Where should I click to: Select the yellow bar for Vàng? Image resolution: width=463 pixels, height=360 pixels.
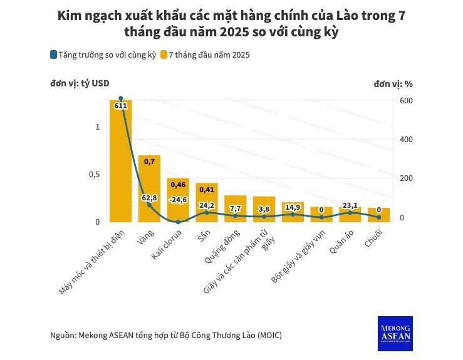[149, 188]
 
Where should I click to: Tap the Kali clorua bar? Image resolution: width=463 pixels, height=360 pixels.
[178, 200]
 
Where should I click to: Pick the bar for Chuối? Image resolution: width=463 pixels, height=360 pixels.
[378, 215]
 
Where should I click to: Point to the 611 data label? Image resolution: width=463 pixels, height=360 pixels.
[121, 106]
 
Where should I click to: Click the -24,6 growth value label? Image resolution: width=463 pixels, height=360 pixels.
[178, 200]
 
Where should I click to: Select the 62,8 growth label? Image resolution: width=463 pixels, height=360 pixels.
[149, 198]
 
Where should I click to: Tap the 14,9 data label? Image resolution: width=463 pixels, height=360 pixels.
[293, 207]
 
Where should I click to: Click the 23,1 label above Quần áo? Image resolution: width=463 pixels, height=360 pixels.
[350, 205]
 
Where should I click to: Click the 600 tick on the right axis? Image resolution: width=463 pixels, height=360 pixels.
[405, 100]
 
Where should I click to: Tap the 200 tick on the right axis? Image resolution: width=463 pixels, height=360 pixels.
[405, 178]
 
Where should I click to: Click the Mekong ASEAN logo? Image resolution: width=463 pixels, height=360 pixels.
[395, 332]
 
